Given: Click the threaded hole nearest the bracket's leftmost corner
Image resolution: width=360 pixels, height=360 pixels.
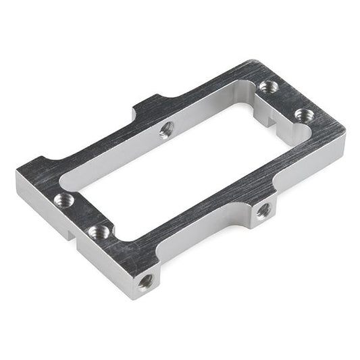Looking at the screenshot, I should point(64,199).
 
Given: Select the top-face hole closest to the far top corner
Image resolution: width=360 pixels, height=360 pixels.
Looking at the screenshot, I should point(268,86).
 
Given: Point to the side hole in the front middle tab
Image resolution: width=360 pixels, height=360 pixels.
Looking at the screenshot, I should point(263,211).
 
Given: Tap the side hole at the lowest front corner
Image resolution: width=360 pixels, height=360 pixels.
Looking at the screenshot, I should point(146,280).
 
